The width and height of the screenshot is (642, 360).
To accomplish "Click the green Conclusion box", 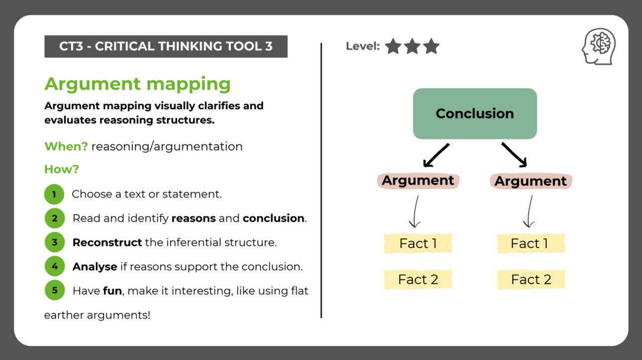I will pos(474,114).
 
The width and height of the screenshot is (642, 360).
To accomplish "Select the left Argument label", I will pos(418,181).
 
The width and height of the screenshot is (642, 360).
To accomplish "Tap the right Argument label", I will pos(531,181).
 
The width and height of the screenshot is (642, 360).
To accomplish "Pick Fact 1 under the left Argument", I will pos(418,244).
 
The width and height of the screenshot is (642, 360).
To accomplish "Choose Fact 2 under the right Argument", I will pos(531,280).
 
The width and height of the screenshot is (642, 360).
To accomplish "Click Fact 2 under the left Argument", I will pos(418,280).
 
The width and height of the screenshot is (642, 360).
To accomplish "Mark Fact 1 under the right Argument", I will pos(531,244).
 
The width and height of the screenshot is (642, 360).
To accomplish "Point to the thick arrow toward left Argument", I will pos(436,155).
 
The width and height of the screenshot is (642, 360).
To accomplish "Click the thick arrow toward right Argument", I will pos(514,154).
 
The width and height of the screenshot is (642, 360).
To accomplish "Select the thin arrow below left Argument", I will pos(415,212).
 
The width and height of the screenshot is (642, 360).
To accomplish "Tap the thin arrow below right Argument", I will pos(529,212).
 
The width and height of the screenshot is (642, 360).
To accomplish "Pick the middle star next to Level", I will pos(412,47).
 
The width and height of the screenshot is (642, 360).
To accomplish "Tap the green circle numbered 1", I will pos(54,194).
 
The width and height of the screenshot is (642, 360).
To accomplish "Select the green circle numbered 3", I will pos(54,242).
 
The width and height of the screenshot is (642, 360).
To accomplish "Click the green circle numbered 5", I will pos(54,290).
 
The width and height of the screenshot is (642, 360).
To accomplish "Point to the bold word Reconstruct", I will pos(107,243).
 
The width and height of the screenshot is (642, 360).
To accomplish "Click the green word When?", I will pos(66,146).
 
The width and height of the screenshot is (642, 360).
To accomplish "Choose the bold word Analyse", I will pos(95,267).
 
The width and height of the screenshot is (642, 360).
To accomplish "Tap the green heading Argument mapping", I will pos(137,84).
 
